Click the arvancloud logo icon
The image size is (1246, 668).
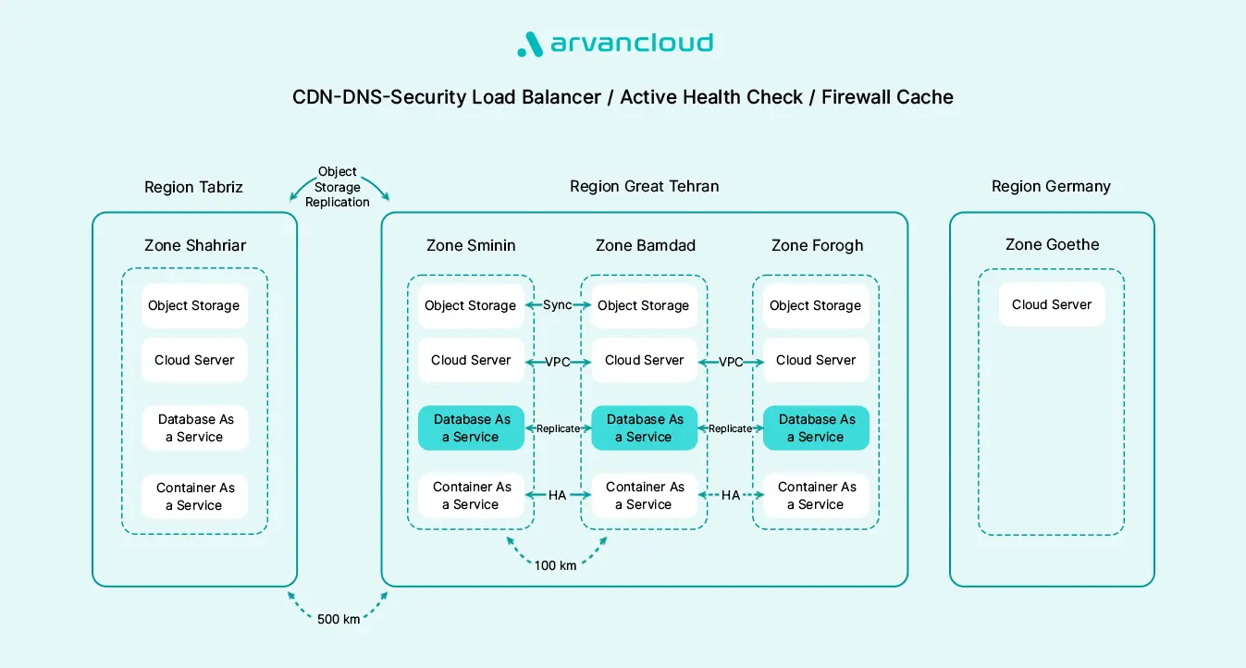528,44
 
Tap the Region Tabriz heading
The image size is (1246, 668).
193,187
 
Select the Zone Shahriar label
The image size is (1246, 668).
195,245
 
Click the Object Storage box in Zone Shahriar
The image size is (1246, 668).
194,305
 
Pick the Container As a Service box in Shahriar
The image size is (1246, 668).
194,496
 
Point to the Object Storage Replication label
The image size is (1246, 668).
338,187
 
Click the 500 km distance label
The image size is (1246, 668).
338,619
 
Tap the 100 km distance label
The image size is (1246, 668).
555,564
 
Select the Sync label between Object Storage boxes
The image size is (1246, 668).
557,305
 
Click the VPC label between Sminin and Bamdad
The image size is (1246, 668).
557,362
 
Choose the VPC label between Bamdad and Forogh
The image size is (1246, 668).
731,362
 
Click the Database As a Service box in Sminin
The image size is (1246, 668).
471,428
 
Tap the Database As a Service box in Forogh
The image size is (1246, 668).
816,428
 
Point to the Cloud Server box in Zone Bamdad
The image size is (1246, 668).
644,360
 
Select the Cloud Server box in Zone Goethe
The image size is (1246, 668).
1052,304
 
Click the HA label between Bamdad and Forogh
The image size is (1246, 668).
731,495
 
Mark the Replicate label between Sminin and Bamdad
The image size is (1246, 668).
558,428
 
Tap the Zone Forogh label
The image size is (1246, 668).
817,245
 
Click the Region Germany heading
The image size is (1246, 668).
1051,187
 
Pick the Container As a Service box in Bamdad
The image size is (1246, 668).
644,495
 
